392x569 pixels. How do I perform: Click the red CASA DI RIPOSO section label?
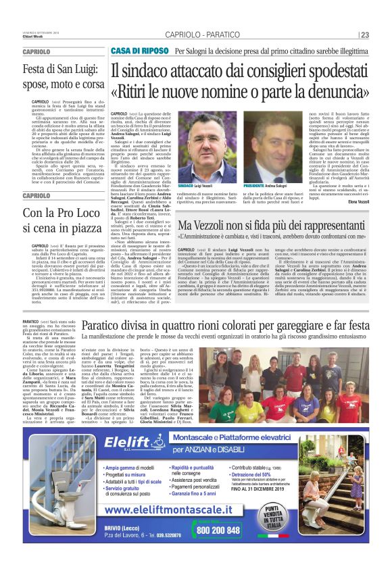pyautogui.click(x=140, y=51)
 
